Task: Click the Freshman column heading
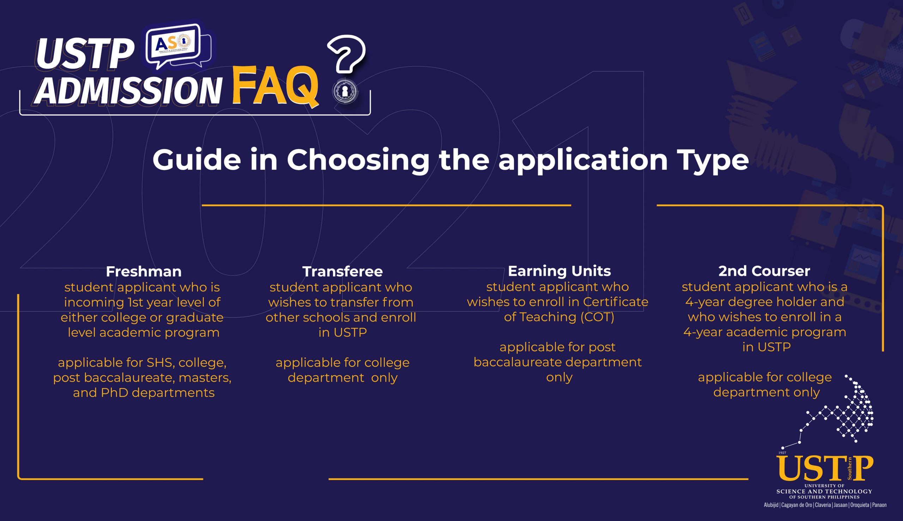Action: click(x=144, y=272)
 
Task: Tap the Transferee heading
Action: click(x=343, y=272)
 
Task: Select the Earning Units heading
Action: click(x=559, y=271)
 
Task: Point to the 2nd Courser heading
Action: click(x=764, y=271)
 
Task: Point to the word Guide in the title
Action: click(x=196, y=159)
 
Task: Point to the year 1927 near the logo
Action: click(x=782, y=453)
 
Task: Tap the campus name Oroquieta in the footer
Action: click(x=859, y=505)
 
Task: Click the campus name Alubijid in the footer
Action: click(x=771, y=505)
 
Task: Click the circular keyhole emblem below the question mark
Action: click(x=345, y=91)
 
